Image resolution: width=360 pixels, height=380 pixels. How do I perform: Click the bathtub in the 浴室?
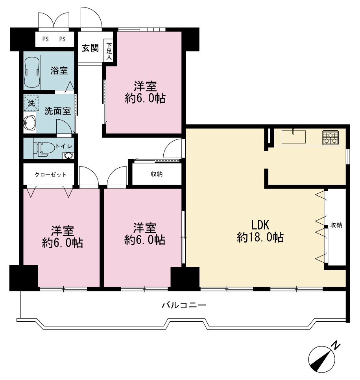pos(32,72)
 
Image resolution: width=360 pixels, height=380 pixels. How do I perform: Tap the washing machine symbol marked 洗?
pos(31,104)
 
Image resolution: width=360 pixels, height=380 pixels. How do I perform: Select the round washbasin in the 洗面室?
pos(30,122)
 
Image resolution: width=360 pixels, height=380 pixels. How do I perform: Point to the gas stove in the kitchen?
pos(330,138)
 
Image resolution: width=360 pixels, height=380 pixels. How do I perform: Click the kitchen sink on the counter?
pos(294,137)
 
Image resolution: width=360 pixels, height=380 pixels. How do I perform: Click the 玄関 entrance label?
pos(90,48)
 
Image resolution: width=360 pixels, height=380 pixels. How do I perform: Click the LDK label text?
pos(260,225)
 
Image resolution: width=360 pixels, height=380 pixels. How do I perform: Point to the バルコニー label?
pos(184,305)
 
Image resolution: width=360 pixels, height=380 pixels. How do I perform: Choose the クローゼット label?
pos(51,175)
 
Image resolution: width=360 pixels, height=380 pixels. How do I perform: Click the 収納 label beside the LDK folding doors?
pos(336,225)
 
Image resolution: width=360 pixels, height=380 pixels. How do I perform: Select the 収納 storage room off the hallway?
pos(157,174)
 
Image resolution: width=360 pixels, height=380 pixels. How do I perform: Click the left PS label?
pos(46,39)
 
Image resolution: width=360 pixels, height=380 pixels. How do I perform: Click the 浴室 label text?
pos(59,71)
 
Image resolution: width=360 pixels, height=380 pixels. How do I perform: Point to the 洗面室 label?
pos(57,111)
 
